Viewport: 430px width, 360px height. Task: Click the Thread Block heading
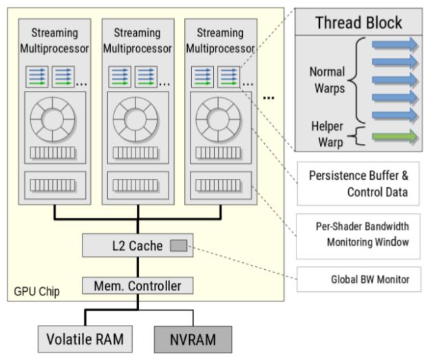(x=358, y=22)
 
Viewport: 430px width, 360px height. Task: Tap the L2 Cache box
(x=137, y=244)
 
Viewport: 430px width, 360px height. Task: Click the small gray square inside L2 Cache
(x=178, y=244)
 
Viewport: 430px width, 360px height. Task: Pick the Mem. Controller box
(x=137, y=284)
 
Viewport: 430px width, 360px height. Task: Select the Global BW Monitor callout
(x=357, y=279)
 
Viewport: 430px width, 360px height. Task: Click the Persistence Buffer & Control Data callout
(x=357, y=184)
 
